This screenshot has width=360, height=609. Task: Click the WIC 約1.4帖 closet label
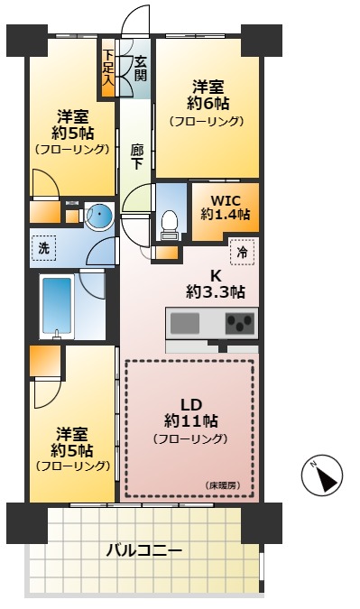point(225,206)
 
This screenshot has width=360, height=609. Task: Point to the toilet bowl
point(169,222)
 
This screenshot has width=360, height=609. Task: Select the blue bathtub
point(57,307)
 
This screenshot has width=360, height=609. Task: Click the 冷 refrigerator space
point(241,254)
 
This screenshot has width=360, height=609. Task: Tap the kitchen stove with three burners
point(239,322)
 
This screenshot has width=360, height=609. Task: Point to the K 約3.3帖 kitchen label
point(216,283)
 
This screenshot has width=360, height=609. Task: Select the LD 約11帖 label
point(189,411)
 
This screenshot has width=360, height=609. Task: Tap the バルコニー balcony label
point(144,549)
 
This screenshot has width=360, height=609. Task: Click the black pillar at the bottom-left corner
point(26,522)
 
